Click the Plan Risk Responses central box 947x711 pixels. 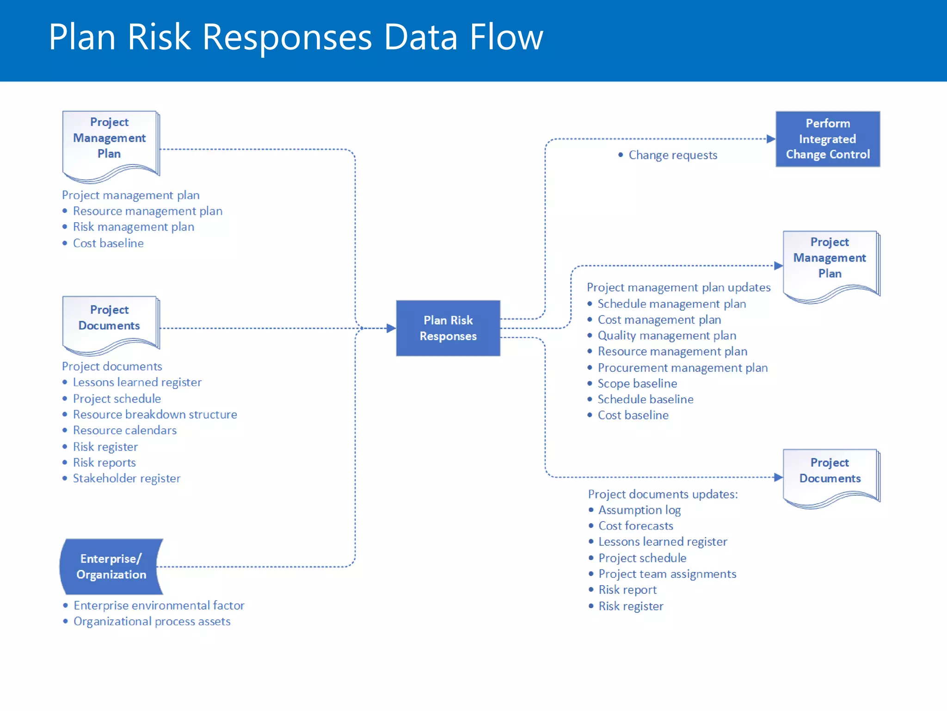click(x=448, y=328)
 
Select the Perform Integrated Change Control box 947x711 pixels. click(x=827, y=139)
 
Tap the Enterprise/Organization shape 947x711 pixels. click(x=111, y=566)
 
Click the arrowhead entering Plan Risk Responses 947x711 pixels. click(x=391, y=328)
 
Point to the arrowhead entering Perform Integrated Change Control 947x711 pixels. click(x=770, y=139)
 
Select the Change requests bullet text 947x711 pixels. click(x=672, y=155)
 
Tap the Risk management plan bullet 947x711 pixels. click(x=133, y=227)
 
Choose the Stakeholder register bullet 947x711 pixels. click(x=126, y=478)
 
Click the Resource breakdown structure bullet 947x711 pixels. click(x=154, y=414)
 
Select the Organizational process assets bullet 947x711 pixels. click(x=152, y=621)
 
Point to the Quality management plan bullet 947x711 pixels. click(x=666, y=336)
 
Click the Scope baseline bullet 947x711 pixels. click(x=637, y=383)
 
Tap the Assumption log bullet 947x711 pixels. click(x=639, y=510)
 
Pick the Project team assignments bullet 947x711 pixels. click(x=667, y=574)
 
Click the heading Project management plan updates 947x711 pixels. click(x=678, y=287)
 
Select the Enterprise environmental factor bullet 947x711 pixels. click(x=159, y=605)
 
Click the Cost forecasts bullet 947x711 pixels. click(x=635, y=526)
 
